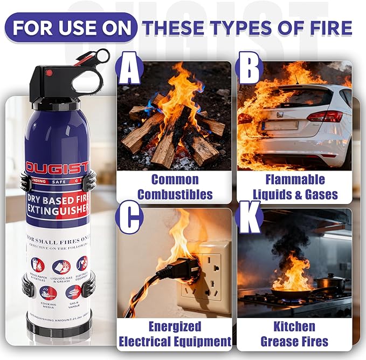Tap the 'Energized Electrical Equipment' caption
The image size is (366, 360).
[x=175, y=334]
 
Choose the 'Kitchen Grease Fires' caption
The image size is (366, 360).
[x=294, y=334]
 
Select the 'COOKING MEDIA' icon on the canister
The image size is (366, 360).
[x=49, y=294]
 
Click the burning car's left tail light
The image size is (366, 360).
[x=246, y=118]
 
